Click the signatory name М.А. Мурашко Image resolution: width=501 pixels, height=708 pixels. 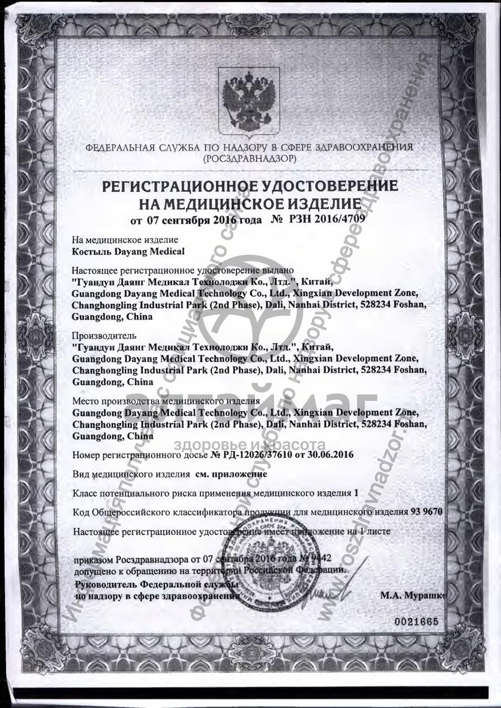click(x=412, y=595)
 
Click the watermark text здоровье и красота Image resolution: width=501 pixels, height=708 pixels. click(x=250, y=445)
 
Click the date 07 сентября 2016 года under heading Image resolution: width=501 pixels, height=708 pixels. click(x=196, y=220)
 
